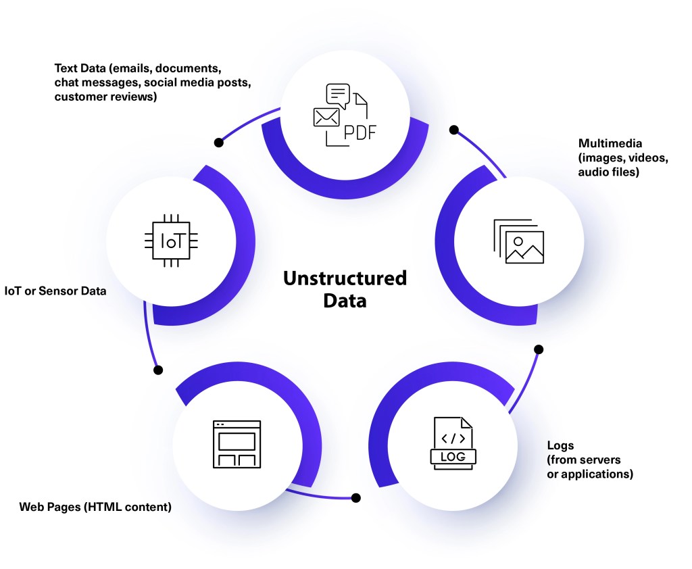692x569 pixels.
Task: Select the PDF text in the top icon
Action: pyautogui.click(x=360, y=132)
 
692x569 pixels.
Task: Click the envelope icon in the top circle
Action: pyautogui.click(x=326, y=118)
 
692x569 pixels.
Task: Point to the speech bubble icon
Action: pyautogui.click(x=338, y=95)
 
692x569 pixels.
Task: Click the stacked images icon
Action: pyautogui.click(x=518, y=241)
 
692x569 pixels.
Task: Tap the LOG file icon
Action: pyautogui.click(x=453, y=443)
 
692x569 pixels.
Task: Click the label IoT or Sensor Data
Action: pyautogui.click(x=55, y=291)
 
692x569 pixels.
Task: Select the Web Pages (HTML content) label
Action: pyautogui.click(x=95, y=506)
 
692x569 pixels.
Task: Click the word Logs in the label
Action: pyautogui.click(x=560, y=445)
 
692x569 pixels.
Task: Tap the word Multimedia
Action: pyautogui.click(x=610, y=143)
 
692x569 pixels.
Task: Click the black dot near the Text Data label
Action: pyautogui.click(x=218, y=143)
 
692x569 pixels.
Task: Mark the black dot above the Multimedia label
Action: pyautogui.click(x=454, y=129)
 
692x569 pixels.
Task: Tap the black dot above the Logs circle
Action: pyautogui.click(x=539, y=349)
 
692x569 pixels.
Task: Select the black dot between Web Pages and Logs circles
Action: pyautogui.click(x=356, y=498)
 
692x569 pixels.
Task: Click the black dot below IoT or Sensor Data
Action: pyautogui.click(x=159, y=370)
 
